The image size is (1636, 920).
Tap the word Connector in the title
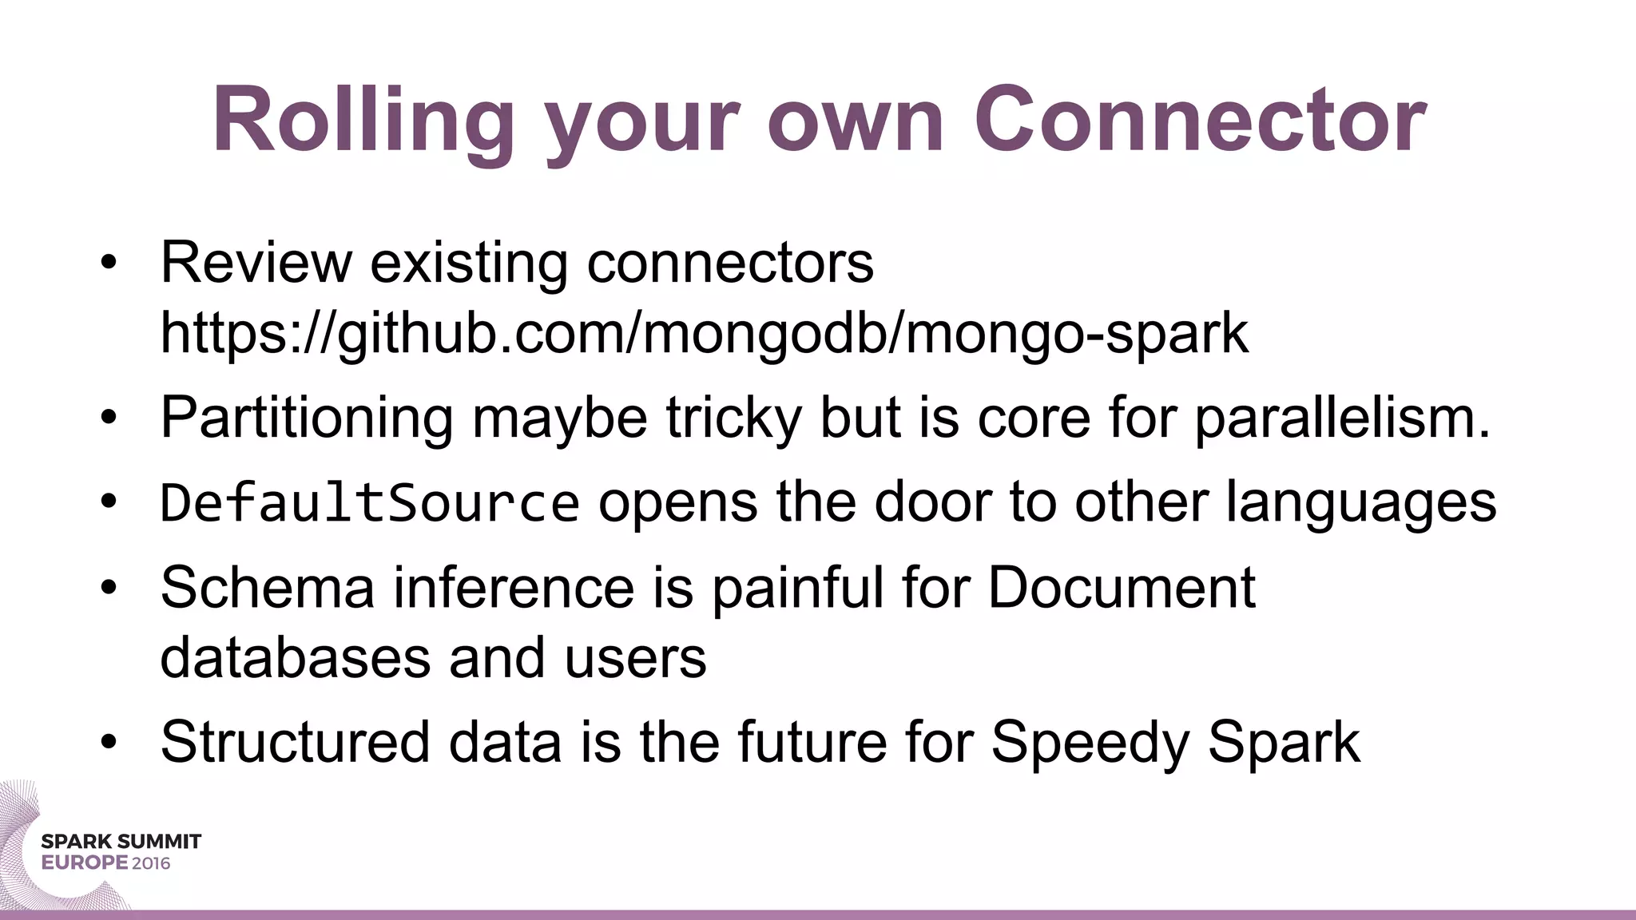1200,121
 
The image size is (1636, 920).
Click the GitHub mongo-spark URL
704,333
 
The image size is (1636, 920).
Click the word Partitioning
307,418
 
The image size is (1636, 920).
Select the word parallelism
1343,418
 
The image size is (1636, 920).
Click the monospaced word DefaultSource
370,503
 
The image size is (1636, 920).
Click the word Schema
268,588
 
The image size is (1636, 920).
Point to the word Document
1122,588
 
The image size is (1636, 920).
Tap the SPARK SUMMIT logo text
121,842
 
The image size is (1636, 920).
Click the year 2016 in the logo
151,863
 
